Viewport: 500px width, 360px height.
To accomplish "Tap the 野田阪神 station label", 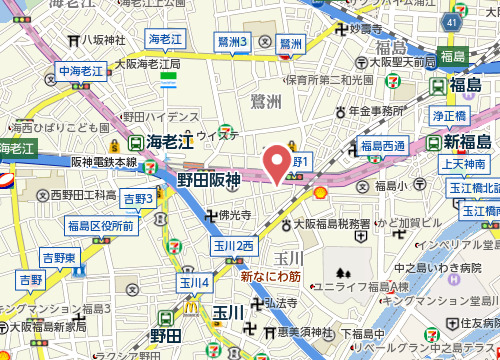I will (209, 180).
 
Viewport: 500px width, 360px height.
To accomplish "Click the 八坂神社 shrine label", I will (103, 41).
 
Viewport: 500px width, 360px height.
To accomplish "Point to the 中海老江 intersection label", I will (81, 72).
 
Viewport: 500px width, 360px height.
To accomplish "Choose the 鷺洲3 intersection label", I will (232, 41).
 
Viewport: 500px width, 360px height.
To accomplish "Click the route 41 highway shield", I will (453, 20).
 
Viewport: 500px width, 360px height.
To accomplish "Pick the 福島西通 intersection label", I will (383, 147).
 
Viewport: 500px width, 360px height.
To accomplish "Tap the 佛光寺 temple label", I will (236, 215).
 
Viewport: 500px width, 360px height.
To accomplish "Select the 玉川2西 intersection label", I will (234, 246).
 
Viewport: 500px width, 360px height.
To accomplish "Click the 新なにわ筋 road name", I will (271, 272).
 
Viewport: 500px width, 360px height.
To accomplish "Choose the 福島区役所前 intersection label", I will (101, 227).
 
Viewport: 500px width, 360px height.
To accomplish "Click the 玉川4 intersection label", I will (194, 283).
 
